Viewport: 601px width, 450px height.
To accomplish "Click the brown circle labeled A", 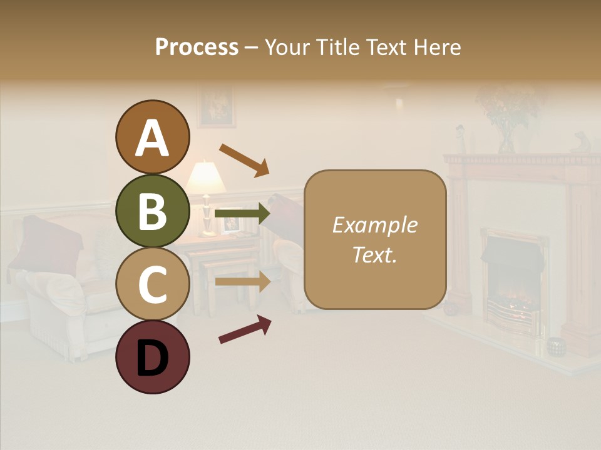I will (152, 137).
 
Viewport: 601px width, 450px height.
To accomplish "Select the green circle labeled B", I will (152, 211).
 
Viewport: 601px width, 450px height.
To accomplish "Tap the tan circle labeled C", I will (152, 284).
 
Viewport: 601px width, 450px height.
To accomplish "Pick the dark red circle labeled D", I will (152, 357).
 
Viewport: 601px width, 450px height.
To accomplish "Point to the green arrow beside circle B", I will (242, 214).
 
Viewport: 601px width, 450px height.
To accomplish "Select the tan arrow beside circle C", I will (243, 281).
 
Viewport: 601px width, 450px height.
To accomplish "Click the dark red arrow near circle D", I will (245, 329).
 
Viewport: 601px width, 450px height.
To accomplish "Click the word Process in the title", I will (197, 47).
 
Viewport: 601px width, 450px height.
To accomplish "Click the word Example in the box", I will (374, 225).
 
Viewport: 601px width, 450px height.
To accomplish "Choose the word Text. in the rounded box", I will (374, 254).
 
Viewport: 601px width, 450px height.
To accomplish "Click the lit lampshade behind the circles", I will (205, 177).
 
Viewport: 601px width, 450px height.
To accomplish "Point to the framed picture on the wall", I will (216, 106).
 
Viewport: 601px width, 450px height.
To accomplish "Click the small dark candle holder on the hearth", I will (554, 347).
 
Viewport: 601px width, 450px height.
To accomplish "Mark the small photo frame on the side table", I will (231, 223).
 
